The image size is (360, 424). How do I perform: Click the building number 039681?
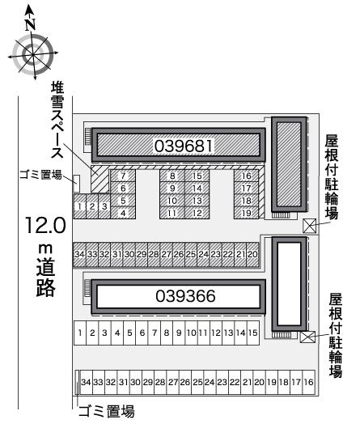click(x=184, y=146)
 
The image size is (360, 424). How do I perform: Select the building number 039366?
click(x=185, y=296)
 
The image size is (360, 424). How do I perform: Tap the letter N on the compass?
click(x=31, y=24)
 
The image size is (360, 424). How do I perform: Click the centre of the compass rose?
click(x=33, y=55)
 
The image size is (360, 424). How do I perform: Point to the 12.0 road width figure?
click(x=45, y=225)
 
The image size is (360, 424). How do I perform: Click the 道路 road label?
click(x=45, y=278)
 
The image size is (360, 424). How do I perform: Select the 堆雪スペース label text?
click(x=57, y=121)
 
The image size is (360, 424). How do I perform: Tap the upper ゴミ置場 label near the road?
click(x=40, y=175)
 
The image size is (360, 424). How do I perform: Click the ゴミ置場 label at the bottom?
click(x=107, y=411)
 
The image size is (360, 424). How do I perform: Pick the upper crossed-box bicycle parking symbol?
click(x=310, y=226)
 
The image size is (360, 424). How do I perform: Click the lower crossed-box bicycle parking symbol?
click(x=308, y=337)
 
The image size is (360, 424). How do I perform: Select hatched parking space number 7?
click(x=123, y=176)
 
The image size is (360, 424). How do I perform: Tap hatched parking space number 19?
click(x=246, y=213)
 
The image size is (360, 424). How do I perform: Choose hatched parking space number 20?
click(x=252, y=254)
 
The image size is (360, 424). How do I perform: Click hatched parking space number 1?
click(x=80, y=206)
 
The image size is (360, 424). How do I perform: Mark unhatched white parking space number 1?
click(x=80, y=333)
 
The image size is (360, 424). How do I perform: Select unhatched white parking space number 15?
click(x=253, y=333)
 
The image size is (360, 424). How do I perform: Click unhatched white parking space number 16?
click(x=309, y=382)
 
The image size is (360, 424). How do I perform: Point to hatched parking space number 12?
click(x=197, y=213)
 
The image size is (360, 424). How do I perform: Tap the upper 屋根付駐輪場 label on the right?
click(x=332, y=177)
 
